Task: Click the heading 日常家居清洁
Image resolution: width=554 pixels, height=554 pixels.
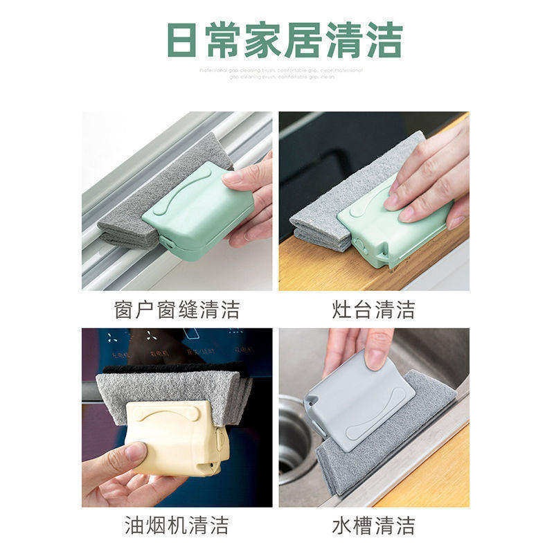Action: tap(285, 40)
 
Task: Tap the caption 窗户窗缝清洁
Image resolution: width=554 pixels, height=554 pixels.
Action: tap(177, 309)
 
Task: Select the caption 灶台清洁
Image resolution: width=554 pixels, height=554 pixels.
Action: tap(373, 309)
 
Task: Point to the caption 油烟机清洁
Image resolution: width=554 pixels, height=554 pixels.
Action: tap(177, 525)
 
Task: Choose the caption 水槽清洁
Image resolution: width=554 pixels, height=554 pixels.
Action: tap(373, 525)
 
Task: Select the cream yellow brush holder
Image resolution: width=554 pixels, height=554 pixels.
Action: tap(177, 436)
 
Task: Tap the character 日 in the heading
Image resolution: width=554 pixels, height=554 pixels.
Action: tap(181, 40)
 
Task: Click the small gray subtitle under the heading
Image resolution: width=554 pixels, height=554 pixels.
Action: tap(281, 73)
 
